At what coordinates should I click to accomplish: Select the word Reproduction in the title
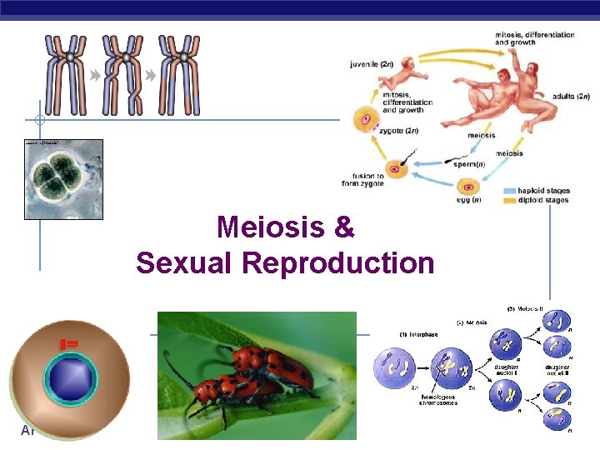click(338, 262)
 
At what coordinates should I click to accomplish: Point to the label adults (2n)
click(571, 97)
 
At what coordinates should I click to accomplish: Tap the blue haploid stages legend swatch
click(510, 191)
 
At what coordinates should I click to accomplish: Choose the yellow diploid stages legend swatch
click(510, 200)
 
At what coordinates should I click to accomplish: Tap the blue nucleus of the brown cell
click(70, 377)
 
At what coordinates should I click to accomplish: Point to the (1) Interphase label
click(402, 335)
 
